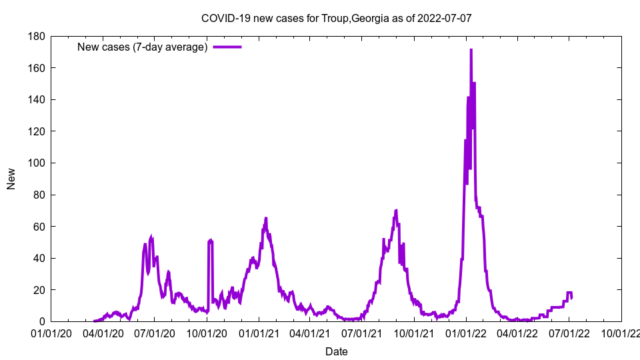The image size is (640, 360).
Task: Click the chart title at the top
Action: (336, 18)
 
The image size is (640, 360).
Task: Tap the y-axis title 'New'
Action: (11, 179)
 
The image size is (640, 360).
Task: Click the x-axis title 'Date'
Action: (336, 351)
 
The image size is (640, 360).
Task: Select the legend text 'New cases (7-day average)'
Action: (143, 47)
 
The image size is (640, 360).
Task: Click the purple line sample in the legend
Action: (227, 47)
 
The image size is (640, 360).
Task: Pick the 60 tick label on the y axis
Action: (38, 227)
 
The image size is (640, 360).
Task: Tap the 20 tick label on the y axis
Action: (38, 290)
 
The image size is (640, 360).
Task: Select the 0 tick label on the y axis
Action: (41, 322)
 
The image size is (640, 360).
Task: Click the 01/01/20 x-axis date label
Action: (51, 333)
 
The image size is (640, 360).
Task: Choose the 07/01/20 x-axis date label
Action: (155, 333)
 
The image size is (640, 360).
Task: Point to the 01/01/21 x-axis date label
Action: (259, 333)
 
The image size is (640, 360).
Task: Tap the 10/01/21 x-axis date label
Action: (413, 333)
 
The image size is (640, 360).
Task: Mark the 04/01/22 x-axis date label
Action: (517, 333)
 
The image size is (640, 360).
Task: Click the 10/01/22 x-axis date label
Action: (621, 333)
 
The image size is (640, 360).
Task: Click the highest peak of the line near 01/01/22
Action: (471, 49)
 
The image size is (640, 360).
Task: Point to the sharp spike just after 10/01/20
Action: (210, 240)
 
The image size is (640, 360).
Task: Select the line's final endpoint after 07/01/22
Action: (571, 297)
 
